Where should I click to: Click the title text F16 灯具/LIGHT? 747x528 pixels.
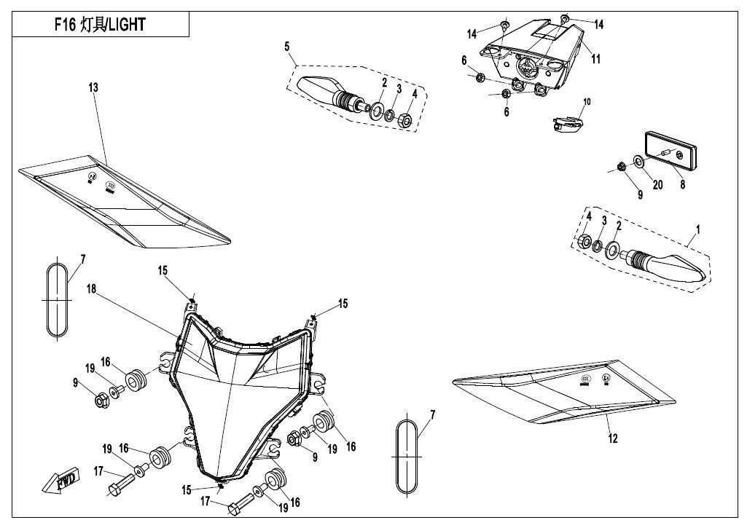[101, 24]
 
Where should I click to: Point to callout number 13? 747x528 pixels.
[93, 87]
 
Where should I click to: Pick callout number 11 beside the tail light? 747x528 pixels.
[595, 60]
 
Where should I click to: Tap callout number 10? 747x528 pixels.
[587, 101]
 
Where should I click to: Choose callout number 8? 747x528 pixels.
[682, 185]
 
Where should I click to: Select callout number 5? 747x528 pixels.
[287, 47]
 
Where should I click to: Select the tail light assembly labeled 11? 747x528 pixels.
[529, 58]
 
